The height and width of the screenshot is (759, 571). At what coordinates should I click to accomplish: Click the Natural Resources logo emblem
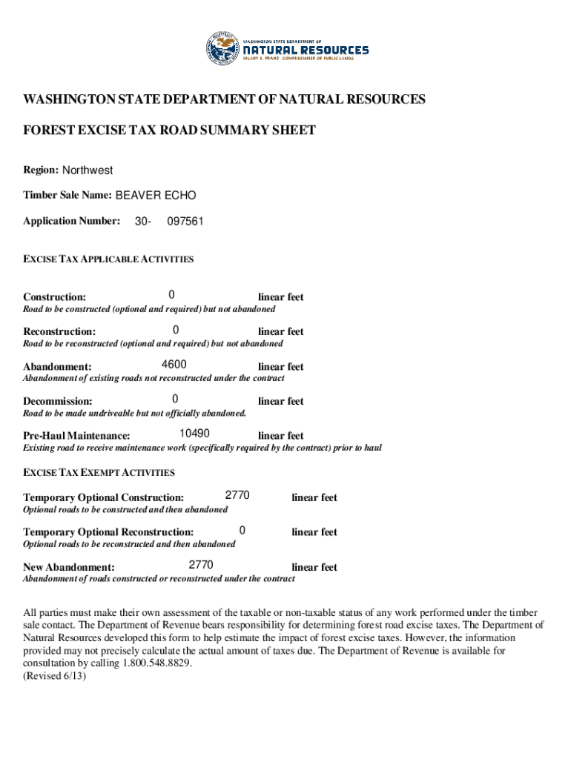(224, 49)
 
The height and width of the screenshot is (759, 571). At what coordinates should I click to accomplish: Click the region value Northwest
(88, 170)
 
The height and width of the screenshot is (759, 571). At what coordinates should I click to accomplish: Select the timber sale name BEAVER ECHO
(156, 196)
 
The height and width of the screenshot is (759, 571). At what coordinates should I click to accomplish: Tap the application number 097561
(185, 221)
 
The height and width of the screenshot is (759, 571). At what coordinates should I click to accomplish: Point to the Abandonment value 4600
(174, 365)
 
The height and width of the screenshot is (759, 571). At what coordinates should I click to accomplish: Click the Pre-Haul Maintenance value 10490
(194, 434)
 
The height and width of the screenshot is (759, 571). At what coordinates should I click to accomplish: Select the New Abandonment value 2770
(201, 566)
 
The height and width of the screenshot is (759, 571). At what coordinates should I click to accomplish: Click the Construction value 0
(171, 295)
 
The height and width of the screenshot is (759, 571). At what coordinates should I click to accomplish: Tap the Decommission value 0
(175, 400)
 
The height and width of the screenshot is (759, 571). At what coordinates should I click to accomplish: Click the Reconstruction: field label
(59, 331)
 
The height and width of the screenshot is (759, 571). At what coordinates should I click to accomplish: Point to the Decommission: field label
(58, 401)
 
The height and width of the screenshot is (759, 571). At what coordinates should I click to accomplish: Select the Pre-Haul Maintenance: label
(76, 436)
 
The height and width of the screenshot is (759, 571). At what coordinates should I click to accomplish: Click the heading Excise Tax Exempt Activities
(99, 472)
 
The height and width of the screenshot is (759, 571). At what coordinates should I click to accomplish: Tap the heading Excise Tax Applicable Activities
(108, 259)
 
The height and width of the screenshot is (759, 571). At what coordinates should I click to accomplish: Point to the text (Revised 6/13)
(55, 676)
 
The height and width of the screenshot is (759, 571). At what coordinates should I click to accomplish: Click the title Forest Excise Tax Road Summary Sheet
(170, 130)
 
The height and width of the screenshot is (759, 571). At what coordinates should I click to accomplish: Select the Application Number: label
(71, 221)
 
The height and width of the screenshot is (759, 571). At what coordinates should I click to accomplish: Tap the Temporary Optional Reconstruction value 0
(242, 531)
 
